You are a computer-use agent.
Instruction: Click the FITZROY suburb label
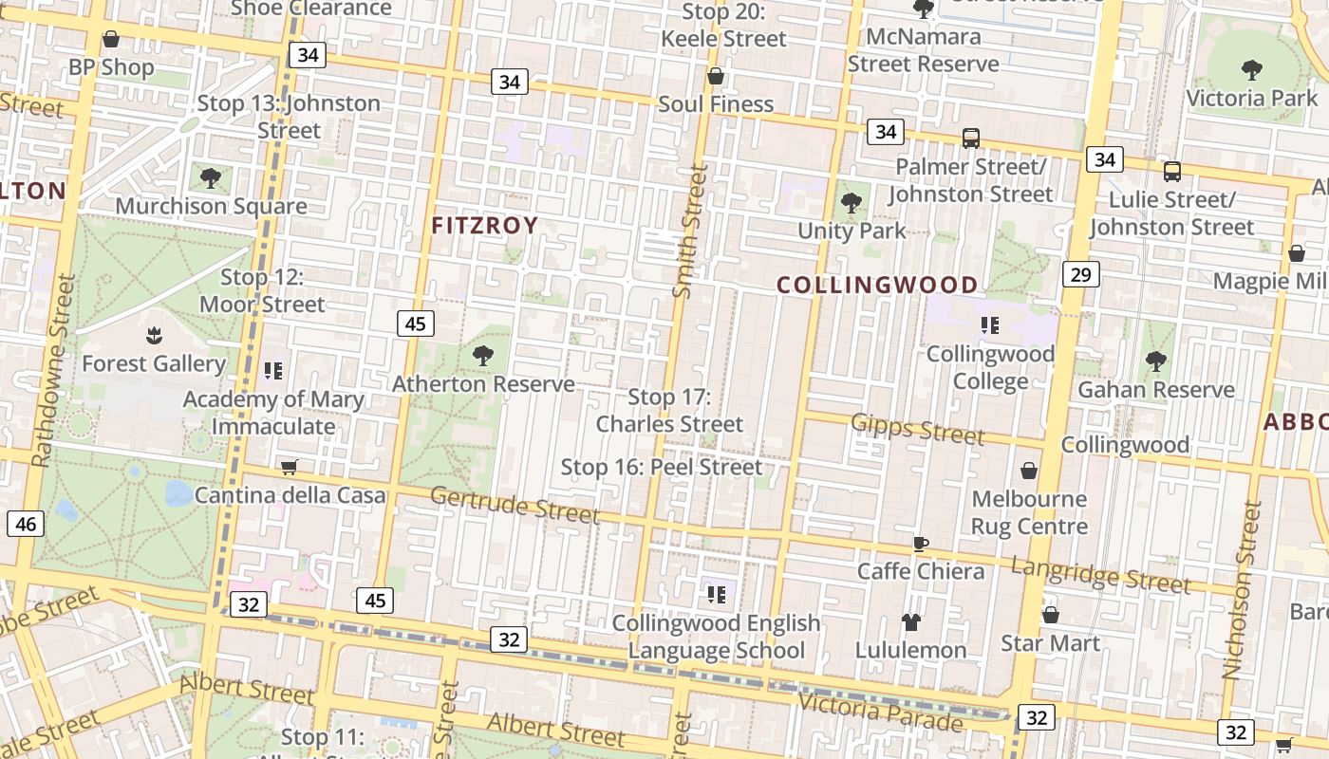coord(484,226)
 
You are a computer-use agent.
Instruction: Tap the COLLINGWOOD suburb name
coord(876,286)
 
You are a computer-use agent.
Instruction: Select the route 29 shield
coord(1080,274)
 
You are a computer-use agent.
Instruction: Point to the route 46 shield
coord(26,524)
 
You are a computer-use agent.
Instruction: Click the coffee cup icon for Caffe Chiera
coord(919,544)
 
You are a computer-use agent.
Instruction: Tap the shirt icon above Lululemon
coord(910,622)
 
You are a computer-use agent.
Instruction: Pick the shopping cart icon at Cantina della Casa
coord(289,467)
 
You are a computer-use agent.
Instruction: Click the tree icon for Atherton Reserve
coord(483,356)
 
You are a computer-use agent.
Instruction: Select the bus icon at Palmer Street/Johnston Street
coord(970,139)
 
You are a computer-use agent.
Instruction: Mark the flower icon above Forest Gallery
coord(153,335)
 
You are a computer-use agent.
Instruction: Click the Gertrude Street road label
coord(515,505)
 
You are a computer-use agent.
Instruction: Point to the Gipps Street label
coord(917,429)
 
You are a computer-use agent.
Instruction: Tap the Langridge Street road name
coord(1099,575)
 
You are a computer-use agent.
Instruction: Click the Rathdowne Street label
coord(53,370)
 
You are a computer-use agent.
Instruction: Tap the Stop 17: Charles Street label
coord(669,411)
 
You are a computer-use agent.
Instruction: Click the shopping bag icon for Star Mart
coord(1050,615)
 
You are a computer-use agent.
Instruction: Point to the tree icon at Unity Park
coord(852,202)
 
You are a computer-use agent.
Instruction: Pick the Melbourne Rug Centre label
coord(1029,512)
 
